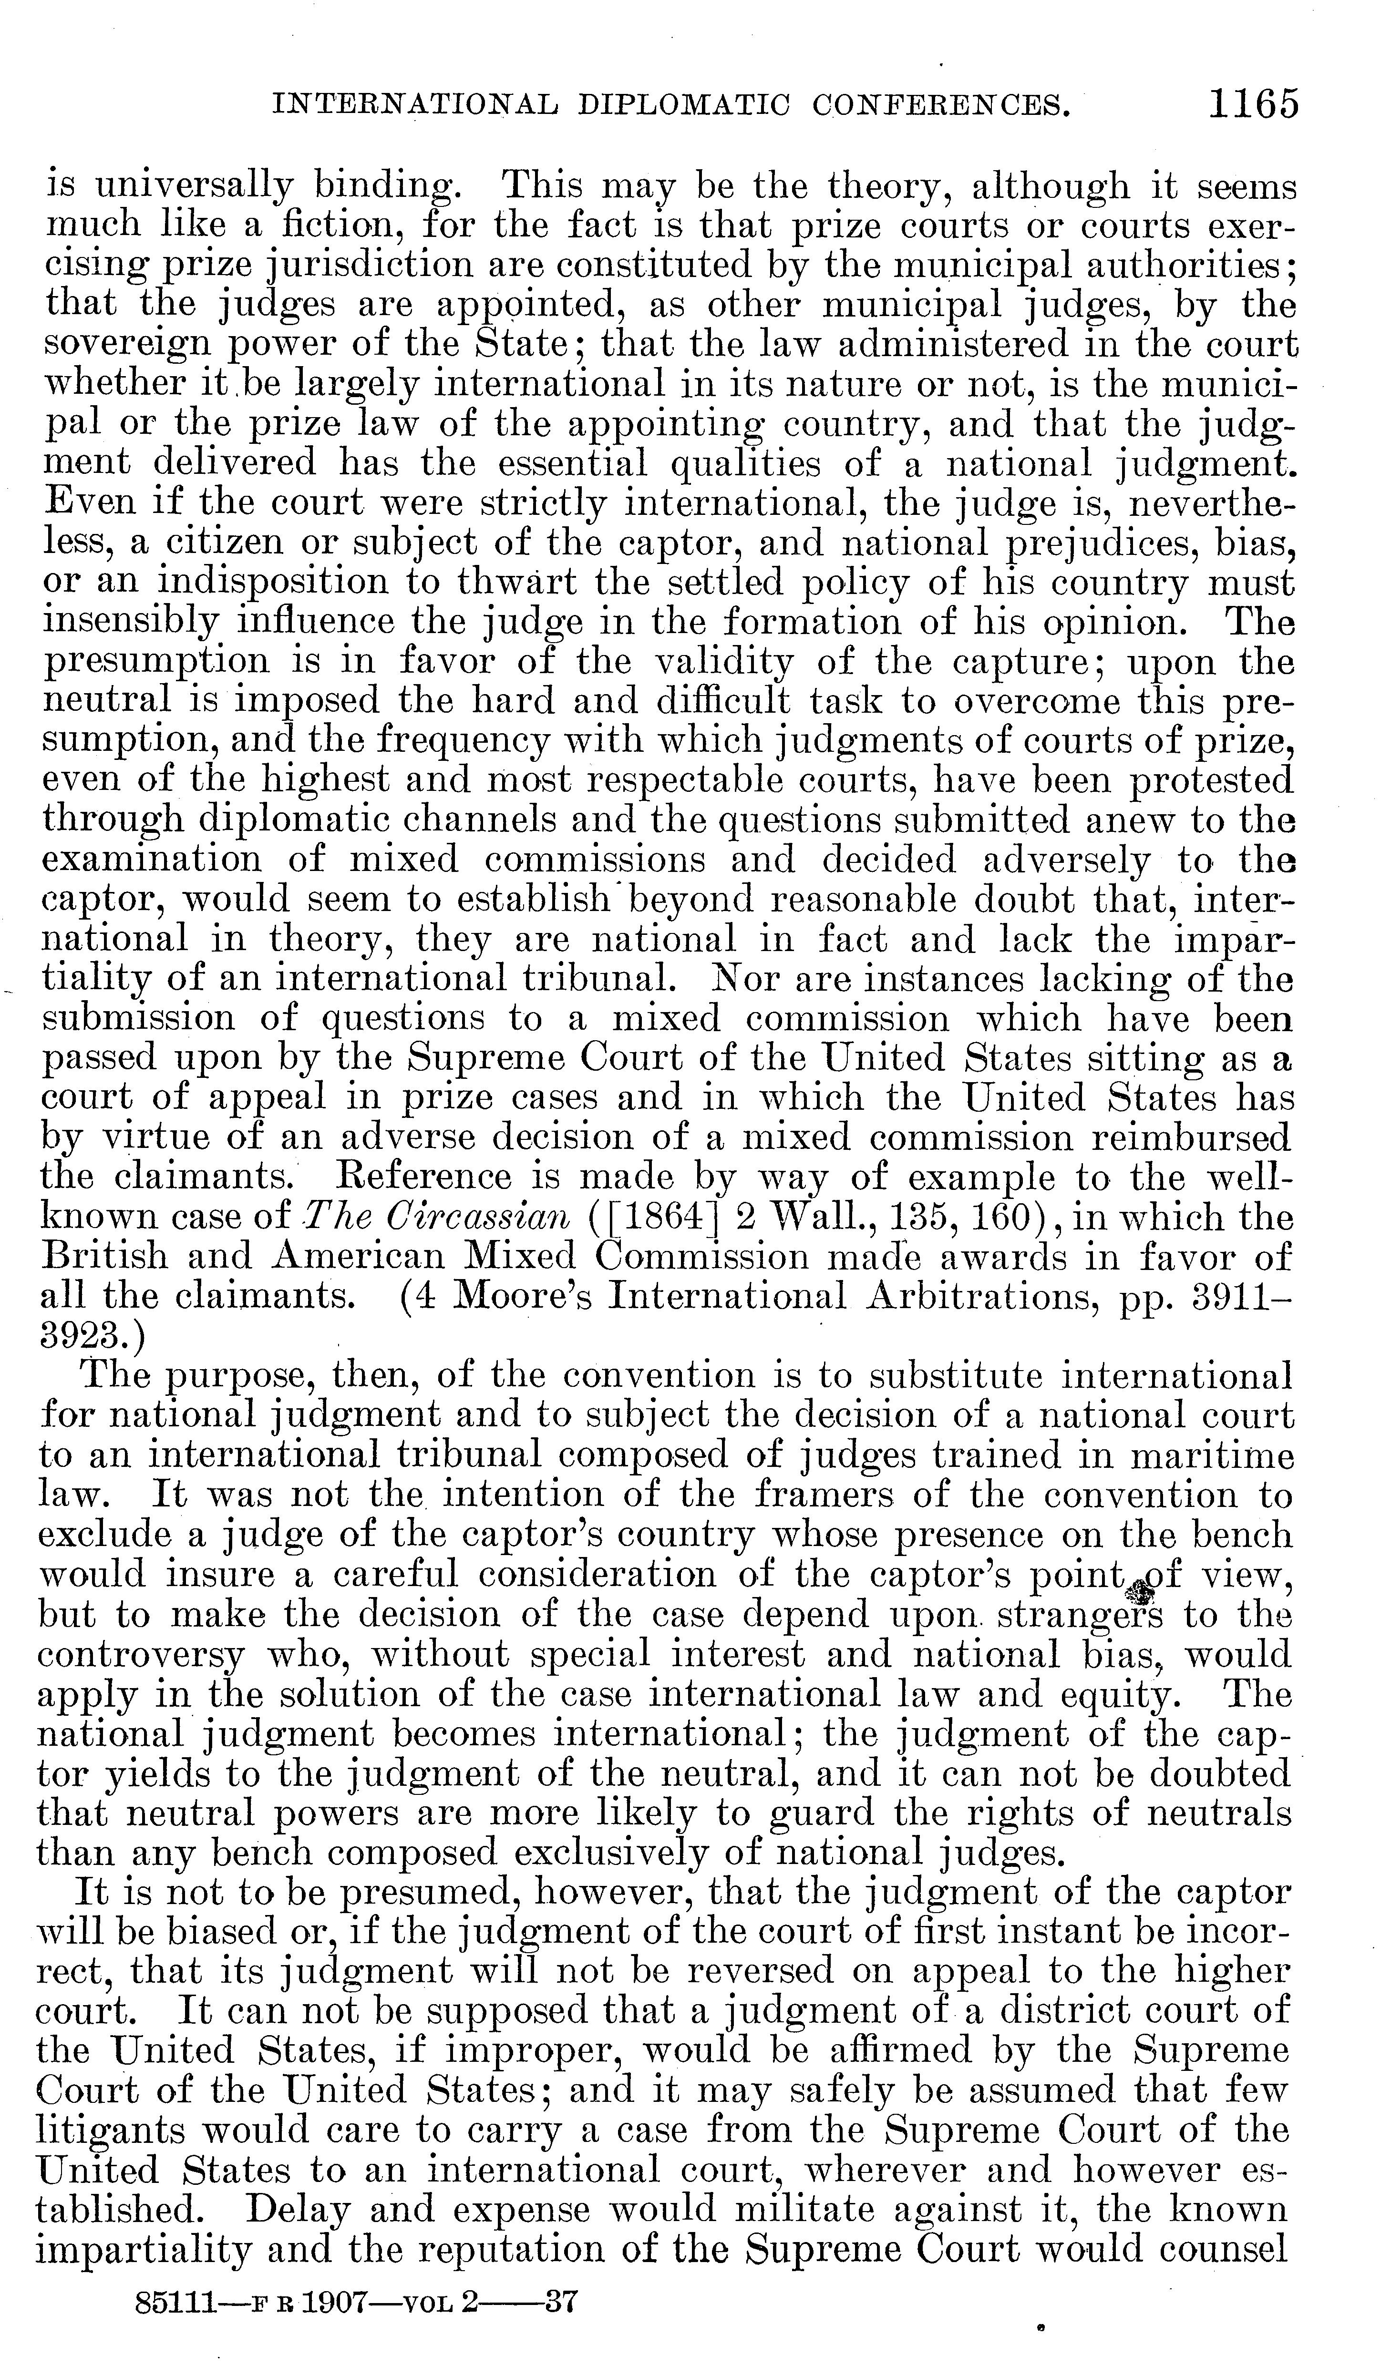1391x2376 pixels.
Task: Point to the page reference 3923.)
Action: [x=90, y=1335]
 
